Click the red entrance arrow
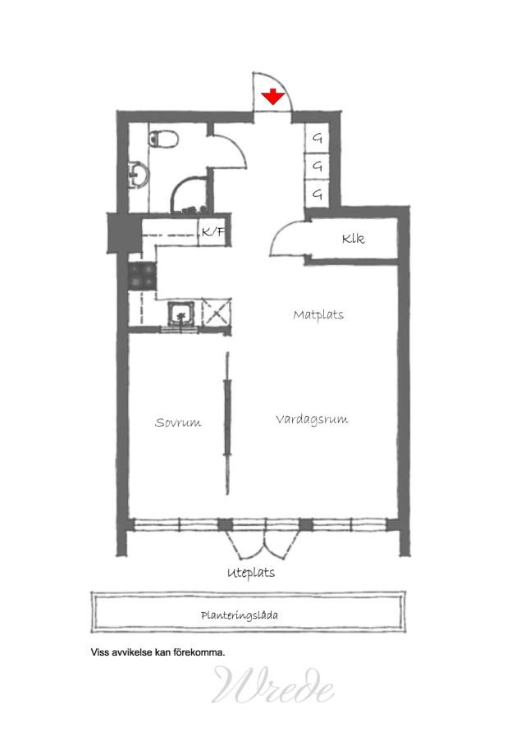[x=273, y=97]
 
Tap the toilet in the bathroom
[x=163, y=139]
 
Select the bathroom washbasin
[x=139, y=175]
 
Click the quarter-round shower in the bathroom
[x=190, y=194]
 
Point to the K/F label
[x=213, y=232]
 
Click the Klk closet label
[x=354, y=238]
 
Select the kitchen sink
[x=180, y=313]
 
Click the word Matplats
[x=318, y=315]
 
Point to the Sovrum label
[x=178, y=423]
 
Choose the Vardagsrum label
[x=312, y=419]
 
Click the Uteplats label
[x=251, y=573]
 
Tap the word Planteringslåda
[x=240, y=615]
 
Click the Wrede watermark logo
[x=272, y=685]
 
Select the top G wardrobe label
[x=318, y=139]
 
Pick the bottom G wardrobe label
[x=318, y=194]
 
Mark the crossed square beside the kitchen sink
[x=217, y=313]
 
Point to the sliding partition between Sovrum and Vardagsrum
[x=228, y=423]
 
